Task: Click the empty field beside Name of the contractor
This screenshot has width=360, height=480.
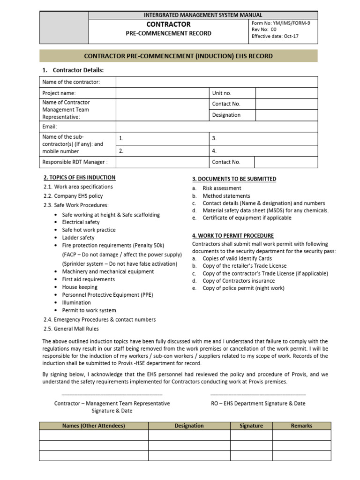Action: click(x=217, y=82)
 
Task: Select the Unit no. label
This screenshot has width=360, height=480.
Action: click(x=222, y=93)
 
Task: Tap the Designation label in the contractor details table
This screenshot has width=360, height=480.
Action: click(x=226, y=115)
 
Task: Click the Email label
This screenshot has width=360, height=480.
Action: click(x=50, y=127)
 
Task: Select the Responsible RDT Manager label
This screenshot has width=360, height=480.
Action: click(x=75, y=162)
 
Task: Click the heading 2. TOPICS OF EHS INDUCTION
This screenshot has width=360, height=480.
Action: click(x=79, y=178)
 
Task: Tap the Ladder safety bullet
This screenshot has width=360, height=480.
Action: click(x=78, y=238)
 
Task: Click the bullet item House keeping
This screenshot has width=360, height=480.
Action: click(x=80, y=287)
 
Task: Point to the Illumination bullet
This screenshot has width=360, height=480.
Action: click(x=77, y=302)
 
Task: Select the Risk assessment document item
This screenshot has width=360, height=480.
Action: click(x=222, y=188)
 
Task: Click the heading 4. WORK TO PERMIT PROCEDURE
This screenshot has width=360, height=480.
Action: click(x=233, y=235)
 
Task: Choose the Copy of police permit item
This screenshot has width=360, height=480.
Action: click(x=243, y=288)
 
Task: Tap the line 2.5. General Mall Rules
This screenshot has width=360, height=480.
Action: click(x=71, y=329)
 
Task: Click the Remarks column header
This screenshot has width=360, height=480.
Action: click(x=301, y=426)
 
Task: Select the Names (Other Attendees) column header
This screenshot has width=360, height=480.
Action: click(x=93, y=426)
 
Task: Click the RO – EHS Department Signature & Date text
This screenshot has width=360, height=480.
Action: click(x=258, y=403)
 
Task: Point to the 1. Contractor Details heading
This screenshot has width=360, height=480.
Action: click(x=73, y=70)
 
